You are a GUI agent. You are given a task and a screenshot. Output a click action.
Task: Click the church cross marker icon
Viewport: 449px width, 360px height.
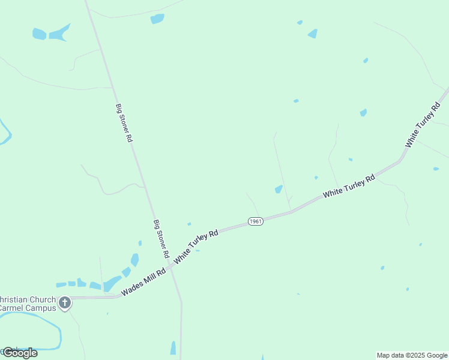point(64,302)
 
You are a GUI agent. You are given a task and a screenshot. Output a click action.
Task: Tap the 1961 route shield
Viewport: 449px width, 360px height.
point(255,221)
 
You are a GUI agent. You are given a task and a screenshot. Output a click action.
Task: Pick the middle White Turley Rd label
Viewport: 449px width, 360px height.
point(349,186)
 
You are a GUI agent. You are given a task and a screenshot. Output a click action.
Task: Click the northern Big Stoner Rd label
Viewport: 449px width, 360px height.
point(124,122)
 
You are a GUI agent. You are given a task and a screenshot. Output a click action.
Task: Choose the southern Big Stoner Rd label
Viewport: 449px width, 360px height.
point(161,239)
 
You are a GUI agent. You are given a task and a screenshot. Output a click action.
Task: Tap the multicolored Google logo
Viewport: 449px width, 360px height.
point(20,353)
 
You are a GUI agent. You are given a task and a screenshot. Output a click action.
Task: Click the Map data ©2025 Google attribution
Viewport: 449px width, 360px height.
point(412,355)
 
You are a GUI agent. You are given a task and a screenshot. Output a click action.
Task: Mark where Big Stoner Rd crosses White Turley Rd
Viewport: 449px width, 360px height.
point(170,266)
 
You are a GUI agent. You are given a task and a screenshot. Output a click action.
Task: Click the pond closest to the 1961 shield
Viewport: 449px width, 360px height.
point(279,190)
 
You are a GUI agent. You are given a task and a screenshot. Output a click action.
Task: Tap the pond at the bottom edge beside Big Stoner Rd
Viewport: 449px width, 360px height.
point(173,349)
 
